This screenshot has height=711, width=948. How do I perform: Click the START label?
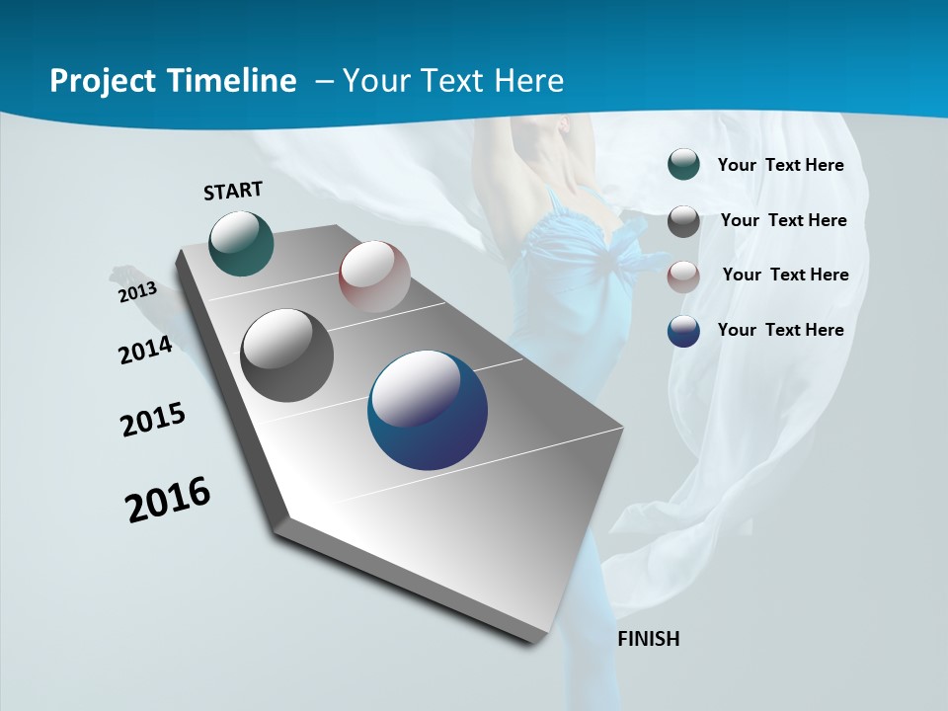(x=233, y=191)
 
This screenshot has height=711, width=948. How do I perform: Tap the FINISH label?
(x=649, y=639)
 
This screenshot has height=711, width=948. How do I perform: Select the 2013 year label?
(x=137, y=292)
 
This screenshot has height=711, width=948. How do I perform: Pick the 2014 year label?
(x=145, y=351)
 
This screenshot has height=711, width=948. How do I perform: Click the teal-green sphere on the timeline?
(x=242, y=243)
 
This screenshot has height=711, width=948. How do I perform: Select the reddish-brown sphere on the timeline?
(x=374, y=276)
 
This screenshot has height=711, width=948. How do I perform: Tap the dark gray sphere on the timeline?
(x=287, y=355)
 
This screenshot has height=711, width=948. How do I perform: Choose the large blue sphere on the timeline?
(x=428, y=410)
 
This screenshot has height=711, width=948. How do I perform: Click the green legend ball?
(x=683, y=165)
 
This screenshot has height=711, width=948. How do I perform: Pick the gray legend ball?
(x=683, y=221)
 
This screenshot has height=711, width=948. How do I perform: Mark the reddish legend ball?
(x=683, y=276)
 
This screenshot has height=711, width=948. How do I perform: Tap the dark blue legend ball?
(x=683, y=331)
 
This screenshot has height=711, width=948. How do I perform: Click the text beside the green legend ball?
(x=780, y=165)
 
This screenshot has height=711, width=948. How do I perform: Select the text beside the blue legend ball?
(x=780, y=330)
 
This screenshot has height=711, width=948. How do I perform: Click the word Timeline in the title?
(x=233, y=81)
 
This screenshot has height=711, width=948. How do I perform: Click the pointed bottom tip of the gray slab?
(x=533, y=641)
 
